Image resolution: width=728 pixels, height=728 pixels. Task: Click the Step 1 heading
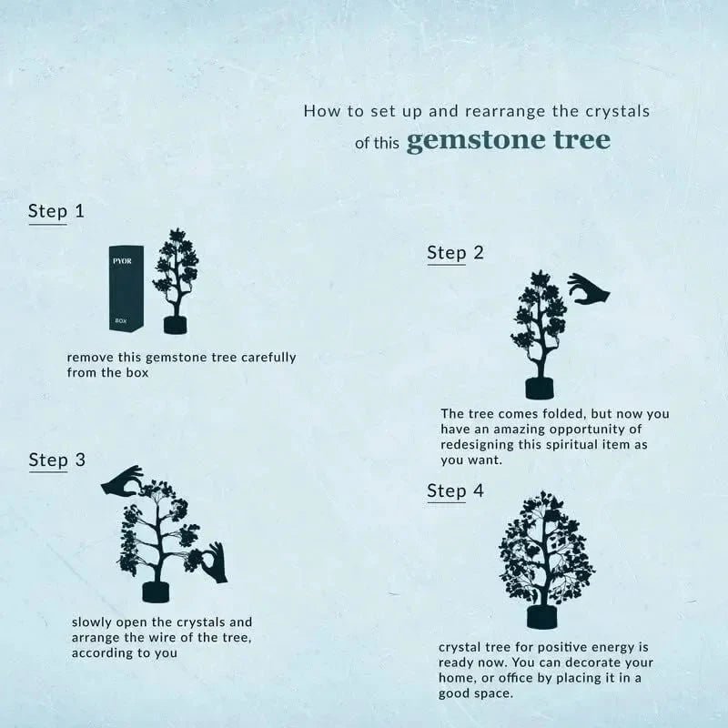tap(56, 211)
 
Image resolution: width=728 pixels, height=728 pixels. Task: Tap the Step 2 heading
tap(455, 252)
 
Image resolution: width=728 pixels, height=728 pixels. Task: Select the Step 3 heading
tap(56, 460)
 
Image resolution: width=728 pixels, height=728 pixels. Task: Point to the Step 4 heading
tap(455, 491)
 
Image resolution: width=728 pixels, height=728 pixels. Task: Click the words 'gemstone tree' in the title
tap(508, 141)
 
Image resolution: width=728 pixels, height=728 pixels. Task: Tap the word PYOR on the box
tap(123, 261)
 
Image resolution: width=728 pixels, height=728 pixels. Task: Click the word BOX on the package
tap(122, 321)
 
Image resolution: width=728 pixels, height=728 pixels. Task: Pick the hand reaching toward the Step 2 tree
tap(588, 290)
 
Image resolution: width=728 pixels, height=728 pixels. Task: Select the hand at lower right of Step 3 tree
tap(213, 563)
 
